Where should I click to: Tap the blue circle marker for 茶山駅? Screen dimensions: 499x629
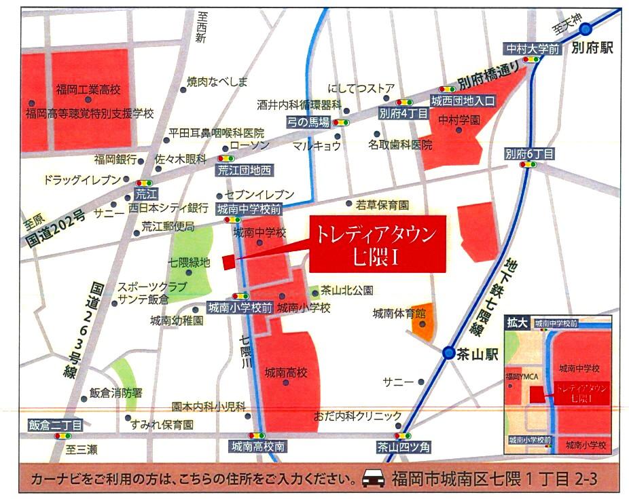[x=448, y=353]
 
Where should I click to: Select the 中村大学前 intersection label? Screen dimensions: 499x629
[x=532, y=49]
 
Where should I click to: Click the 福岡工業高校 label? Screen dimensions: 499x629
[x=88, y=89]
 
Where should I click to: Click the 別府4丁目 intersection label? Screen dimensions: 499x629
[x=403, y=114]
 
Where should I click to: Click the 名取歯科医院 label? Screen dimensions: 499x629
[x=400, y=144]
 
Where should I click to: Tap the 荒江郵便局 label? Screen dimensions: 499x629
[x=168, y=227]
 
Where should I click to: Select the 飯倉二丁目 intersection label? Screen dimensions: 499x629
[x=55, y=425]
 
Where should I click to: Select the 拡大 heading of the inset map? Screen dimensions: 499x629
[x=516, y=324]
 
